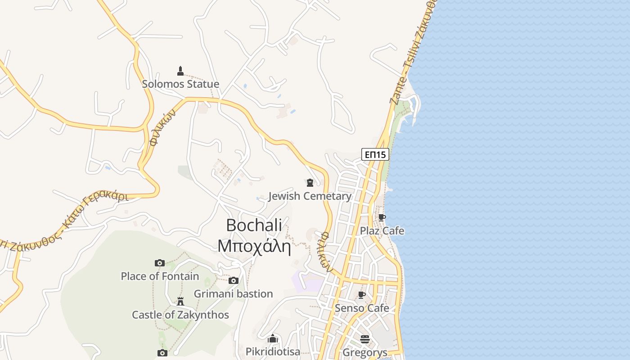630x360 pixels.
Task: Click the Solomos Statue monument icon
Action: click(x=180, y=71)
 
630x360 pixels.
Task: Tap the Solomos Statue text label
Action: click(x=180, y=84)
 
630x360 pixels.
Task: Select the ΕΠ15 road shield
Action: click(x=375, y=155)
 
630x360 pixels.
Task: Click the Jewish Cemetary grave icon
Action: click(x=310, y=183)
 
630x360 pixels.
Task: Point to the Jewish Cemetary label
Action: click(x=310, y=196)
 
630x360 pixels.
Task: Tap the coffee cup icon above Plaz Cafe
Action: click(x=382, y=218)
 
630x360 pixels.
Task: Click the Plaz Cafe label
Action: click(x=382, y=231)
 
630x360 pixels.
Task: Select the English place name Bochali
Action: click(x=254, y=225)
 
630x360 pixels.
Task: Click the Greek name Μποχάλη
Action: click(x=254, y=246)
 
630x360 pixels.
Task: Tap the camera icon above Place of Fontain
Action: click(x=160, y=263)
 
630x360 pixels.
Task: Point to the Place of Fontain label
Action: click(x=160, y=276)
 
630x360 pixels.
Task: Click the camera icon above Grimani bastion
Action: click(x=233, y=281)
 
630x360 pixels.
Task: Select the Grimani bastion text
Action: click(x=233, y=294)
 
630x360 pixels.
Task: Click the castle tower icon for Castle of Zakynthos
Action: click(x=180, y=301)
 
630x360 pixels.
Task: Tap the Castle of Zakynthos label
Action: click(x=180, y=315)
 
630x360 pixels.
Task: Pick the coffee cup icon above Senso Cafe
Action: click(x=361, y=295)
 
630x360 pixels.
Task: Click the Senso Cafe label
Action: click(x=361, y=308)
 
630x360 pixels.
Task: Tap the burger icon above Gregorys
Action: click(x=364, y=339)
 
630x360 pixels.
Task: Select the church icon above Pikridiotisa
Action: click(x=273, y=338)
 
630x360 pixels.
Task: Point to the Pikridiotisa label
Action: click(x=273, y=351)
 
